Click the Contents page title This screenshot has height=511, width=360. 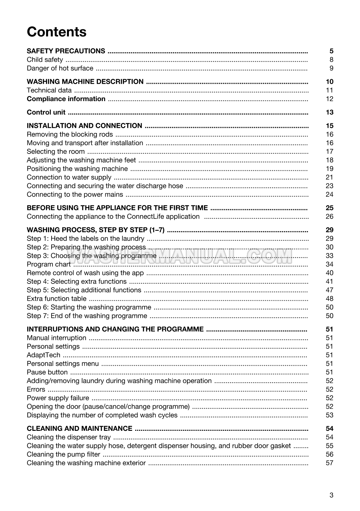tap(57, 32)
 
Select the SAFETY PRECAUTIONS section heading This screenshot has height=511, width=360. tap(66, 51)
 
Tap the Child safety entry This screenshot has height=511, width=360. tap(45, 60)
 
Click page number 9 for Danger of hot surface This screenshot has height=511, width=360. tap(331, 68)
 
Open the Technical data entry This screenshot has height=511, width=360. tap(49, 90)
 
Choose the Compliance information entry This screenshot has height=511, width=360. tap(66, 99)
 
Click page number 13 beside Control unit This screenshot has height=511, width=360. tap(329, 112)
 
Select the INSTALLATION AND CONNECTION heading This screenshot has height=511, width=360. tap(84, 126)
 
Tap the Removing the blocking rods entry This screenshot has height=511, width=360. tap(70, 134)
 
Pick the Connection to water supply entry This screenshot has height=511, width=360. tap(69, 177)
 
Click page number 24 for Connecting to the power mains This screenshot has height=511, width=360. tap(329, 194)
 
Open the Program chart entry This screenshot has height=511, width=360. tap(49, 264)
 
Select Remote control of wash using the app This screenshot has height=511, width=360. tap(85, 273)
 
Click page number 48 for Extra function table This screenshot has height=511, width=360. tap(329, 299)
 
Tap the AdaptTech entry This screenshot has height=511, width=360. tap(43, 355)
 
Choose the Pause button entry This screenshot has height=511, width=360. tap(47, 372)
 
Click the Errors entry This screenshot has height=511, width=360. tap(36, 390)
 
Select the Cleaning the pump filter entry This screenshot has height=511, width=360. tap(63, 455)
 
